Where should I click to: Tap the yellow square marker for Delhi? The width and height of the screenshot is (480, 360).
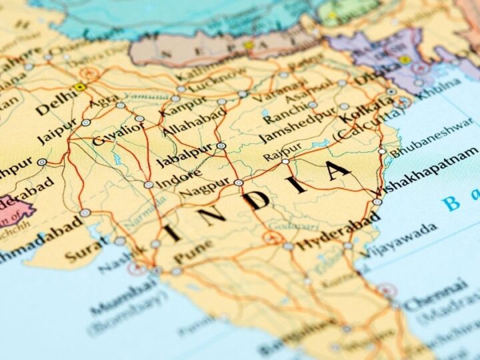80,87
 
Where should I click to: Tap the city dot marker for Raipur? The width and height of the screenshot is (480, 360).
285,161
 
